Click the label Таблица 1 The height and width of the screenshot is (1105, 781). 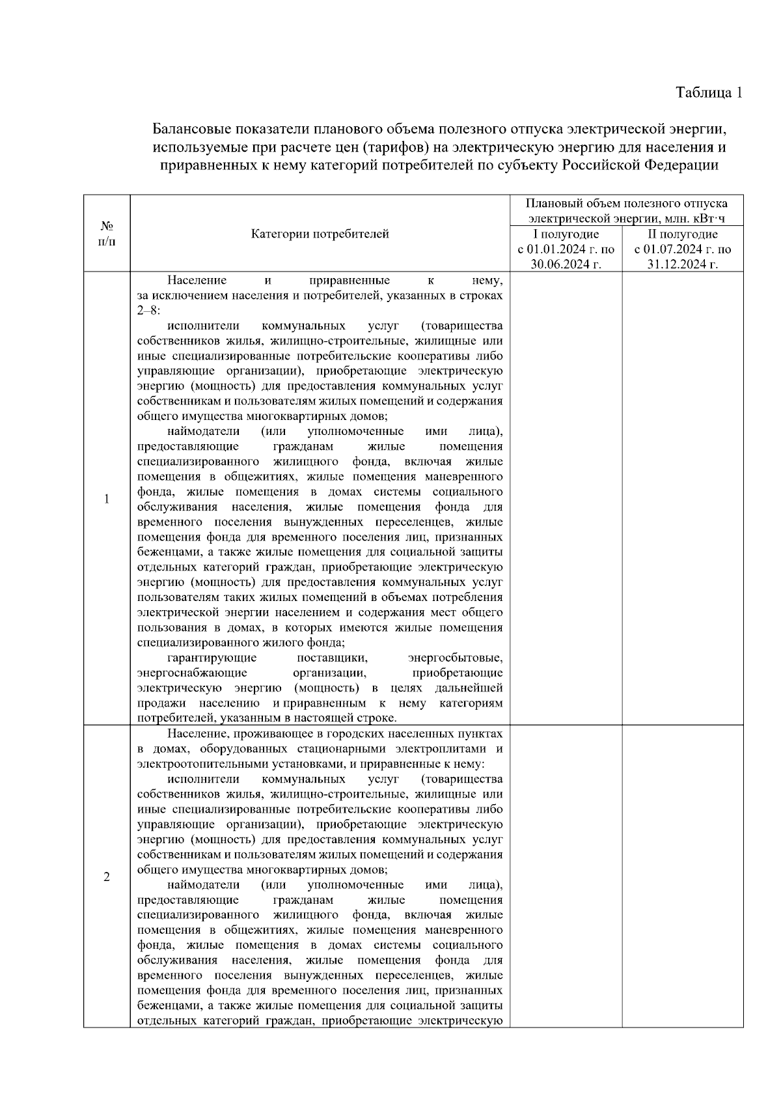click(x=709, y=92)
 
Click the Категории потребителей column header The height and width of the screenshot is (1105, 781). click(x=320, y=234)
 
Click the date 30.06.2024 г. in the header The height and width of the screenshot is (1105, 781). click(x=566, y=264)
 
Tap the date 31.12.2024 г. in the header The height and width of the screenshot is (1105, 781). click(x=683, y=264)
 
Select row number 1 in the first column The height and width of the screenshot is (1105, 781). click(x=107, y=499)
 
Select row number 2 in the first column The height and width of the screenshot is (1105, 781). click(x=107, y=876)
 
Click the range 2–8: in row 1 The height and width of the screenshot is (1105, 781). click(x=149, y=311)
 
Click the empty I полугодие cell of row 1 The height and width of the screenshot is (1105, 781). click(x=566, y=499)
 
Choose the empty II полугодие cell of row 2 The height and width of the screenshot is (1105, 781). click(x=683, y=876)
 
